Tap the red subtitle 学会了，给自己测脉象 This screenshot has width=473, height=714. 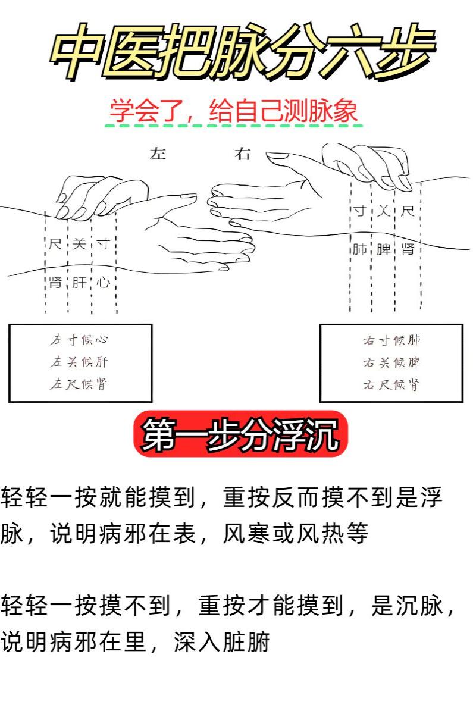234,111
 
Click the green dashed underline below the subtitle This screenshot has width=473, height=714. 234,126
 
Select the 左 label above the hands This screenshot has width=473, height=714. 158,154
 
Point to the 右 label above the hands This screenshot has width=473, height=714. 243,154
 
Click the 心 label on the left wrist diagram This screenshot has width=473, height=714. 104,283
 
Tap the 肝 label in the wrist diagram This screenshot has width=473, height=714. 79,283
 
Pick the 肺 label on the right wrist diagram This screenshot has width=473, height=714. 359,249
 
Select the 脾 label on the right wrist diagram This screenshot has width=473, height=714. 383,249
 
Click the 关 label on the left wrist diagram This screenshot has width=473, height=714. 79,244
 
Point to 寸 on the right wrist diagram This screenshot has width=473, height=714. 359,211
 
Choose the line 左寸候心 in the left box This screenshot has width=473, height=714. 79,340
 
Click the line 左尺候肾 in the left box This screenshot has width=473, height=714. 79,384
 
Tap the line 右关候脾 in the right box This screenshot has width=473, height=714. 391,363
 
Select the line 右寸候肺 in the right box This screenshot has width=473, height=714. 391,341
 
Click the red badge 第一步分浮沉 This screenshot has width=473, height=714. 240,434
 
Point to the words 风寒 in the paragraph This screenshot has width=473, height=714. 248,533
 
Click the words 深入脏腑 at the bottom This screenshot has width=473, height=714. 222,641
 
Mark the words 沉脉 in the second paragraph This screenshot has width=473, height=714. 420,605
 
